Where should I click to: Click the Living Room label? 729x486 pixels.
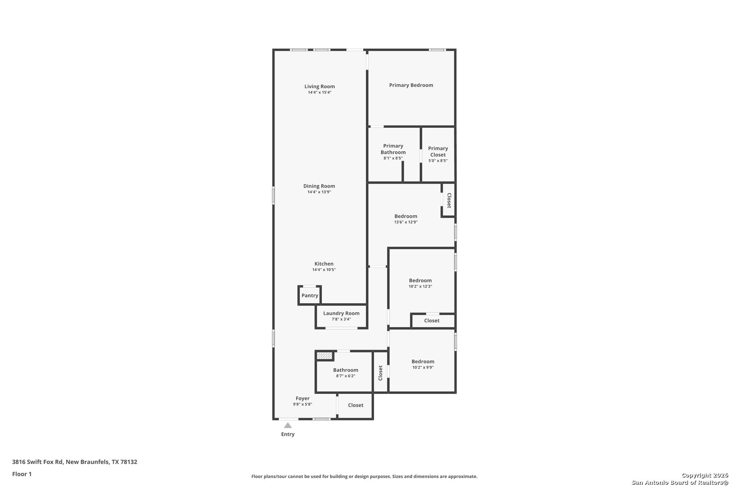[319, 86]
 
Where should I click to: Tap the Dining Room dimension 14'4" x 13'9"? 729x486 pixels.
[319, 192]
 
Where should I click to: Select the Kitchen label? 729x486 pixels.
[324, 264]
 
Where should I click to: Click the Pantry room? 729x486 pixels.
[310, 295]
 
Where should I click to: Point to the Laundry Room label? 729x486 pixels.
[341, 313]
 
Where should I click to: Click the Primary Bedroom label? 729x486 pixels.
[411, 85]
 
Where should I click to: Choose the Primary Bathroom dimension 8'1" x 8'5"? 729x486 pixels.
[393, 158]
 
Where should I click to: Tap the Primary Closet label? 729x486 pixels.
[438, 151]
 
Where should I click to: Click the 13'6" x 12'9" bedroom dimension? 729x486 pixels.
[406, 222]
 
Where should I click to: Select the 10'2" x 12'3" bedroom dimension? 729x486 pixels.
[420, 287]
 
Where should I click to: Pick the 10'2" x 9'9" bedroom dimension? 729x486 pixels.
[423, 368]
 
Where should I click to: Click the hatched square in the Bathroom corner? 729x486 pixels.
[324, 356]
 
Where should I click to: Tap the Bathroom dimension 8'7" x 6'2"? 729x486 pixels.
[345, 376]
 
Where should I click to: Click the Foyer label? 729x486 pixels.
[302, 398]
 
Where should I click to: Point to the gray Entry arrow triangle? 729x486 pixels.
[288, 425]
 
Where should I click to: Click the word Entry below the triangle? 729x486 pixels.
[288, 434]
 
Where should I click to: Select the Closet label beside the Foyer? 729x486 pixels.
[355, 405]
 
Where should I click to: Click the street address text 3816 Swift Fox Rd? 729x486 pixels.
[37, 462]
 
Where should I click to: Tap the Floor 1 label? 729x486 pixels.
[22, 474]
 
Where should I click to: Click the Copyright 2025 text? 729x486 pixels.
[705, 475]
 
